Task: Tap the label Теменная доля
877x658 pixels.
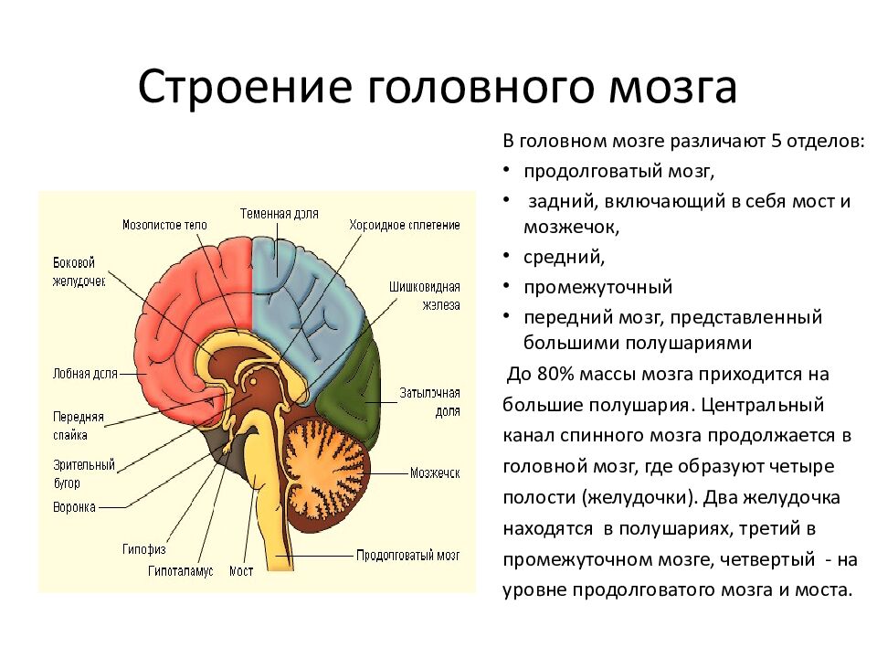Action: (280, 213)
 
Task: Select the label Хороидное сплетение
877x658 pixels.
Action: (404, 225)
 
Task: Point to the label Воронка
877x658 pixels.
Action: (75, 505)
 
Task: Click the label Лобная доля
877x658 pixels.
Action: (86, 373)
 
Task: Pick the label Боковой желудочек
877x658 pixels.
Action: (79, 271)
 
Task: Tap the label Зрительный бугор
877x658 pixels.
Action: (84, 473)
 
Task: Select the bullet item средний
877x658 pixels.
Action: (564, 257)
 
